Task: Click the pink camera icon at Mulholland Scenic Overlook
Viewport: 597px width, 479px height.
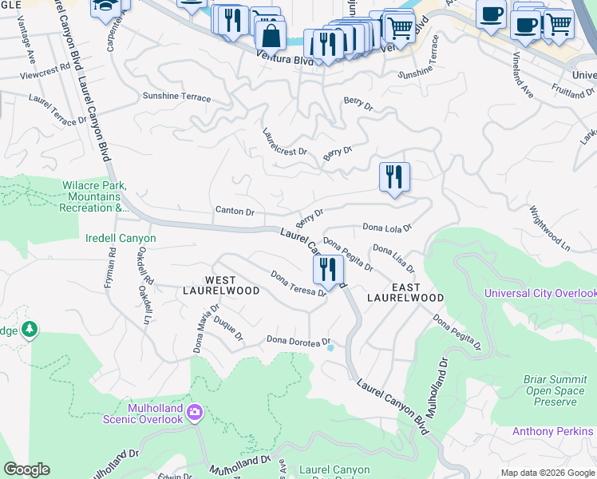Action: tap(195, 412)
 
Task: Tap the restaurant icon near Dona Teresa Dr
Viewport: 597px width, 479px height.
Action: tap(327, 270)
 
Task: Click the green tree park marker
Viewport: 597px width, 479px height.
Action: tap(30, 328)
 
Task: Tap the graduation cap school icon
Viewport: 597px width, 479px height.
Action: tap(104, 7)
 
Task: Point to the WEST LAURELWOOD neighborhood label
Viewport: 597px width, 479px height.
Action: tap(221, 285)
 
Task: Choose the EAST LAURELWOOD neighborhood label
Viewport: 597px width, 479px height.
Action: tap(405, 291)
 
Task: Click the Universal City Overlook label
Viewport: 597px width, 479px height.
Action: tap(540, 294)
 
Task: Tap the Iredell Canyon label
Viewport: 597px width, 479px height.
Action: tap(121, 238)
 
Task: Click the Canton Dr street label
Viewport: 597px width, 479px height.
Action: tap(235, 212)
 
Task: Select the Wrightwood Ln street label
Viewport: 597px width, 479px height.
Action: tap(549, 229)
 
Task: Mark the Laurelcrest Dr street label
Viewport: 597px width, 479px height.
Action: tap(285, 141)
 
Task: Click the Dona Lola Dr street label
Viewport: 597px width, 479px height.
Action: tap(387, 228)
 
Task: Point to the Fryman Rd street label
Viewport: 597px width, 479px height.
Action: tap(111, 263)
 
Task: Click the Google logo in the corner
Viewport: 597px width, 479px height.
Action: tap(26, 469)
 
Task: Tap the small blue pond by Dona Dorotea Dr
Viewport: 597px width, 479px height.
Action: tap(330, 346)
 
